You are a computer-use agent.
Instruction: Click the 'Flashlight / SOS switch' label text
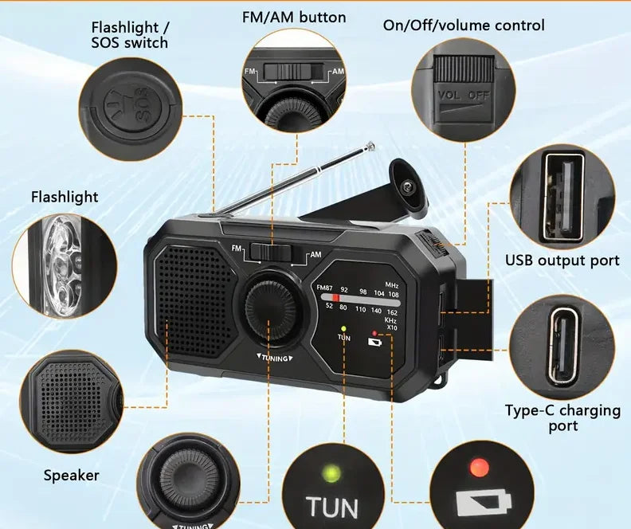(129, 35)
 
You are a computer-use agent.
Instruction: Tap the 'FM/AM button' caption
(294, 17)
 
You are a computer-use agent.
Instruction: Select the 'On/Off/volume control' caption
(464, 25)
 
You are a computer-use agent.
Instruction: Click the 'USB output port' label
(562, 261)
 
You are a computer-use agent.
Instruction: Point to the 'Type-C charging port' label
(562, 417)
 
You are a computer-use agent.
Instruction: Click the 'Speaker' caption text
(72, 476)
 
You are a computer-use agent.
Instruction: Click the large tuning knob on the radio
(269, 304)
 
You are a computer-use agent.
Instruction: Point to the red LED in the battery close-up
(479, 464)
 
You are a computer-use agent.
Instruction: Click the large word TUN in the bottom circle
(332, 507)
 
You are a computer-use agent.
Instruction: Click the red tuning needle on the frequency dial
(336, 298)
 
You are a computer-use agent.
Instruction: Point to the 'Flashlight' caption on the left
(65, 197)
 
